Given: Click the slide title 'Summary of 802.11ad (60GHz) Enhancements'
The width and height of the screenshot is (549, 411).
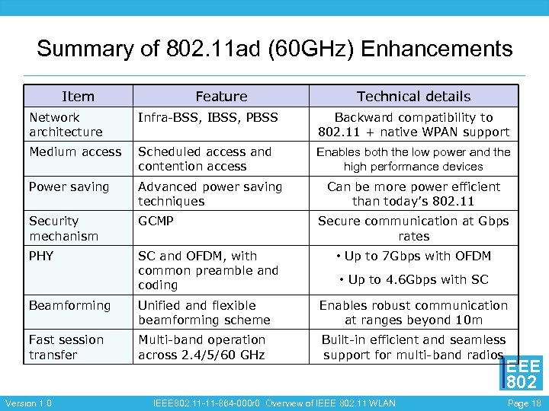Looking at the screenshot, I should pos(274,49).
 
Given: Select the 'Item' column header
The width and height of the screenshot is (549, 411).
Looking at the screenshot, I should pos(78,97).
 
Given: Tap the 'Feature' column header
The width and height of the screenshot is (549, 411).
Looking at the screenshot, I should pos(221,97).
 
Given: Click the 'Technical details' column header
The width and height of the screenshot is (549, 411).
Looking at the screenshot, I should pos(414,97).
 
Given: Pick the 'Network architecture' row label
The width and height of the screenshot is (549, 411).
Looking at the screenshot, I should pos(66,125).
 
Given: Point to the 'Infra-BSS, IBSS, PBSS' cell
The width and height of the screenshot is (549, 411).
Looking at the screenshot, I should pos(207,117).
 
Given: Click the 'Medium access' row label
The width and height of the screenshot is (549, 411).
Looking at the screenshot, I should pos(75,152).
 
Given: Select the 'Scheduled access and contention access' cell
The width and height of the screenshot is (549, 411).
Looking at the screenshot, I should pos(204,159).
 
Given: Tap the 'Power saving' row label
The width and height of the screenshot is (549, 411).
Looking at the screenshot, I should pos(69,187).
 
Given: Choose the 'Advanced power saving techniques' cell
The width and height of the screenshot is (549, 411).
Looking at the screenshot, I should pos(210,194).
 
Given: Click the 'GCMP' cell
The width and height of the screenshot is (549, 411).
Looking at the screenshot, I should pos(156,221).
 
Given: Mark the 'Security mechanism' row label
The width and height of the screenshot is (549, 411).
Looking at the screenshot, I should pos(63,228).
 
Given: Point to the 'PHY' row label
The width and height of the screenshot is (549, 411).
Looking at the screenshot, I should pos(41,256).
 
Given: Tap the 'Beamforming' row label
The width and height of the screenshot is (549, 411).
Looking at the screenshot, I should pos(69,306).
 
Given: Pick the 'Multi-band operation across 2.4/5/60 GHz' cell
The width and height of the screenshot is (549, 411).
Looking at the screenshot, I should pos(201,347).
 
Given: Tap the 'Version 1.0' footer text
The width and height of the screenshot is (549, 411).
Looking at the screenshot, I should pos(28,403).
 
